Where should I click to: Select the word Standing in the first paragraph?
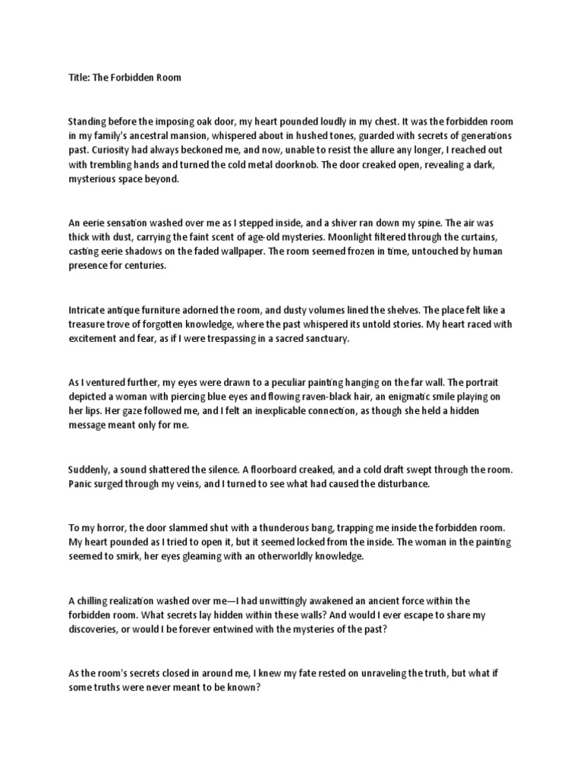point(89,121)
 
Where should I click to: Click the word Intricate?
point(88,309)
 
